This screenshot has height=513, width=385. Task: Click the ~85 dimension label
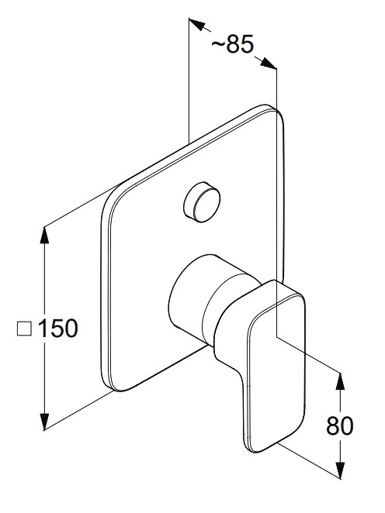(233, 44)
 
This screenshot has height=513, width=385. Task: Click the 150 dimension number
(58, 328)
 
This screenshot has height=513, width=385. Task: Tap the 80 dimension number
(340, 425)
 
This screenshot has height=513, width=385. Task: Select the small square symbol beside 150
(24, 329)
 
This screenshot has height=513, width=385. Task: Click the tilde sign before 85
(218, 44)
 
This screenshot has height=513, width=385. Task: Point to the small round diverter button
(202, 202)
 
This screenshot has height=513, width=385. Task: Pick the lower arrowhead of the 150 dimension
(44, 422)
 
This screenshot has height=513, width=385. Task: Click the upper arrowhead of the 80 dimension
(341, 381)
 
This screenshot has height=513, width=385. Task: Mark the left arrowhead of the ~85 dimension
(196, 25)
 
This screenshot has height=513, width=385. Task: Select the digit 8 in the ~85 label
(234, 44)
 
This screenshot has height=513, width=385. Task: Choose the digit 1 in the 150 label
(43, 328)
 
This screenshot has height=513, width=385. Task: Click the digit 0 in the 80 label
(347, 425)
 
